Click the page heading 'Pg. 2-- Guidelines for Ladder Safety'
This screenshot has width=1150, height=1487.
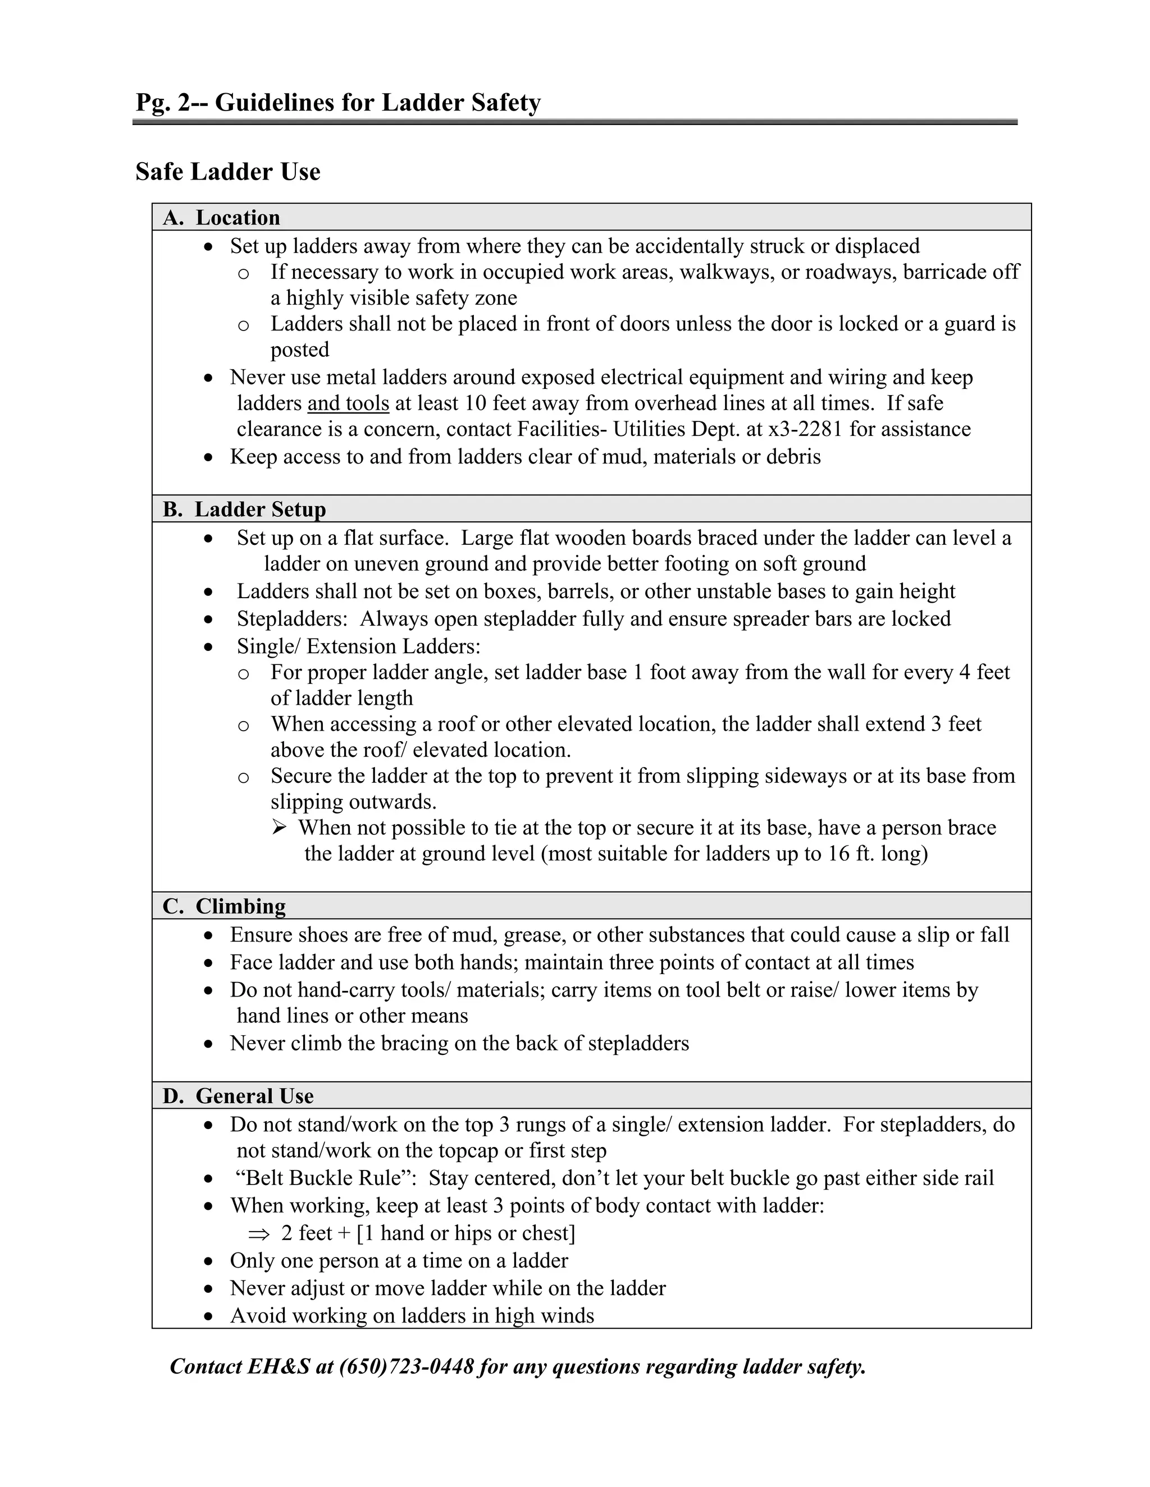point(338,103)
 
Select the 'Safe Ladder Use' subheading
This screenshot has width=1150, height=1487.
point(227,172)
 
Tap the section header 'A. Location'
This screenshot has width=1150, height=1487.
point(221,217)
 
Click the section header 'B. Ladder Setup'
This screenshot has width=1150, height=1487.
point(244,510)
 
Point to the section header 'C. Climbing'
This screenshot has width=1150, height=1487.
point(224,906)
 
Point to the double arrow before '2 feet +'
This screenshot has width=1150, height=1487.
point(259,1234)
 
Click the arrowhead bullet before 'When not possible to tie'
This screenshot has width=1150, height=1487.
point(279,828)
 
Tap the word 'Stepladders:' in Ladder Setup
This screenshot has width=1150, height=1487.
point(291,619)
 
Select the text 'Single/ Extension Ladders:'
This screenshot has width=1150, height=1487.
point(358,646)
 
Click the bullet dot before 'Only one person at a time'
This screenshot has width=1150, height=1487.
point(209,1261)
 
